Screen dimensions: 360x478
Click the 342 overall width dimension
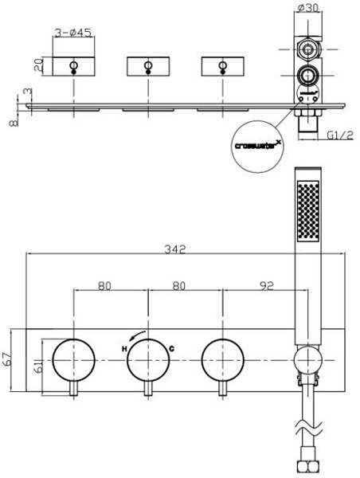pos(175,249)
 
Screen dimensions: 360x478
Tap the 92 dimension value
pos(267,286)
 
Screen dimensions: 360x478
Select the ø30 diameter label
pos(308,7)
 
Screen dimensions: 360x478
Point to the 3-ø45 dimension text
pos(73,33)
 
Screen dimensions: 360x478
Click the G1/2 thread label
pos(341,135)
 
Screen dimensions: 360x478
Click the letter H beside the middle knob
pos(124,349)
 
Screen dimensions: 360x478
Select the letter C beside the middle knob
pos(172,349)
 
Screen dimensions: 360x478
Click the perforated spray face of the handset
pos(308,210)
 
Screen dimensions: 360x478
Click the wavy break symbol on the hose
pos(308,428)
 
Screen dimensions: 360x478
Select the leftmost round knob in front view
pos(74,360)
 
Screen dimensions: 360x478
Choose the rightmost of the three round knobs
pos(223,360)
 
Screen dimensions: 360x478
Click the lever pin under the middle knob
pos(148,389)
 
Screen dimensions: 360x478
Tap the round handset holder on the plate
pos(308,360)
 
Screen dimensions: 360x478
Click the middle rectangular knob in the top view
pos(148,66)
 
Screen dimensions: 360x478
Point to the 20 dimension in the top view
pos(38,65)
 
